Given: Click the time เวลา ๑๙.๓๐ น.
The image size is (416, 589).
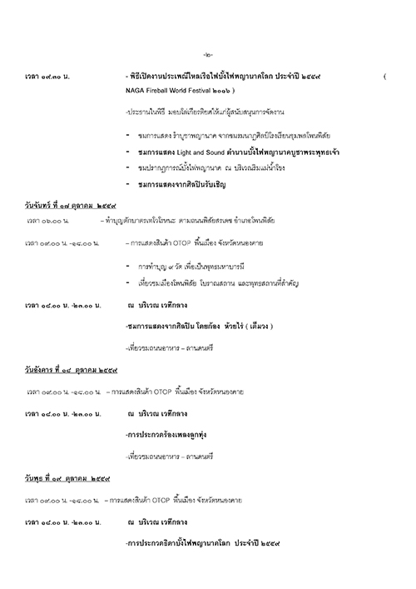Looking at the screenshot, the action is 48,77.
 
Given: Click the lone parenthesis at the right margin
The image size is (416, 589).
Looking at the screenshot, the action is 385,77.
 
